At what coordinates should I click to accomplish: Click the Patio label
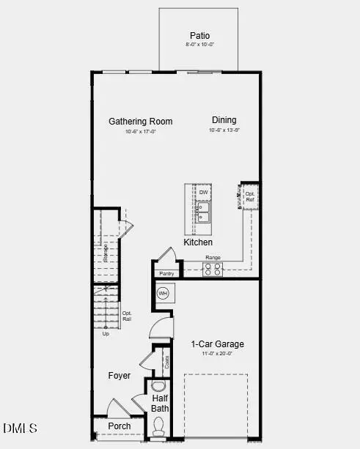[x=199, y=35]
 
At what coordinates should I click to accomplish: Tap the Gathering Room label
[x=141, y=122]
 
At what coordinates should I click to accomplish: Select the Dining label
[x=224, y=120]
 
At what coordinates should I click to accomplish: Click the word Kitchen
[x=198, y=242]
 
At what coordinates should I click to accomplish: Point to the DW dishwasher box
[x=203, y=193]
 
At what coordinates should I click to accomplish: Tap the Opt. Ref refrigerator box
[x=250, y=196]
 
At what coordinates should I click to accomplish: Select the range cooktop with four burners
[x=213, y=270]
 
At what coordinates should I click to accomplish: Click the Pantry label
[x=166, y=274]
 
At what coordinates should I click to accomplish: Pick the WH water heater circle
[x=164, y=294]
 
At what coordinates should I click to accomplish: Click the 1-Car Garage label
[x=218, y=344]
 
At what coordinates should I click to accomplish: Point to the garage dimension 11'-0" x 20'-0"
[x=218, y=354]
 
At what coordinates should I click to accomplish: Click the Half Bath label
[x=160, y=403]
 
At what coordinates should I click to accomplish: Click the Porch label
[x=120, y=426]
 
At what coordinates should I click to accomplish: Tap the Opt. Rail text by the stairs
[x=127, y=316]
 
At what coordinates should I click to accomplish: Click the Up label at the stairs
[x=105, y=334]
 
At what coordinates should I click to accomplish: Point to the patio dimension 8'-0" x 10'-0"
[x=199, y=45]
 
